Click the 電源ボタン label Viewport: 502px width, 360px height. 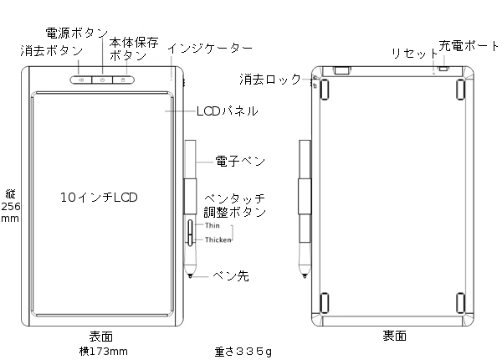[x=76, y=34]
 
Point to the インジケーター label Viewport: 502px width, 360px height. [x=210, y=48]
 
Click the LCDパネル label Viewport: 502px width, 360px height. [x=226, y=110]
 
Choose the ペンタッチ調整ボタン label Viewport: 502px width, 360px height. [x=235, y=204]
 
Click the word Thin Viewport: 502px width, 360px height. [x=212, y=226]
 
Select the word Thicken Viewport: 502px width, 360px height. [x=218, y=239]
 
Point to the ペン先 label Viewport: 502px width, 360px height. [x=230, y=275]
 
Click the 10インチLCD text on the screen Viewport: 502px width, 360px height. [x=99, y=198]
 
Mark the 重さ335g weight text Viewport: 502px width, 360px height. [x=243, y=351]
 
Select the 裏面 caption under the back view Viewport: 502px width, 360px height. [x=395, y=337]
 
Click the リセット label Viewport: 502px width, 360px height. [x=409, y=54]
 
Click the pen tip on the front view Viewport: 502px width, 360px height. [x=192, y=275]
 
